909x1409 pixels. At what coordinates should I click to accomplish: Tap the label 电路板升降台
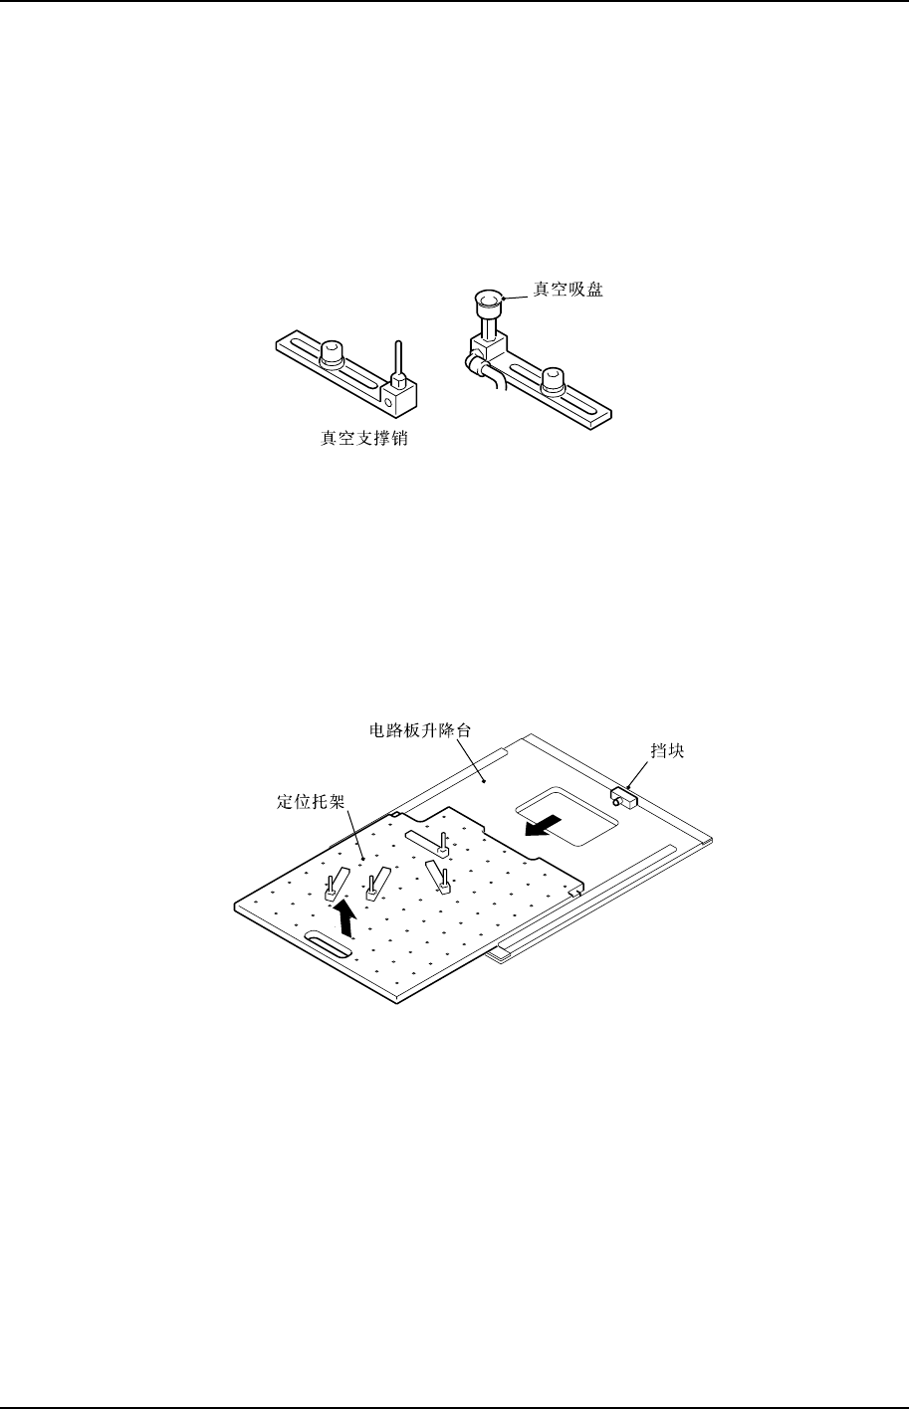[413, 728]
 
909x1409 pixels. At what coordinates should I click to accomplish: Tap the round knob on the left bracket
[331, 352]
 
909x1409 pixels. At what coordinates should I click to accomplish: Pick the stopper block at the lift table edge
[624, 795]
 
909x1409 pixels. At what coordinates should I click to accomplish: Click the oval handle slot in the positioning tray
[328, 946]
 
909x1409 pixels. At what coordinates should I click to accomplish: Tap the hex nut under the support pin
[397, 380]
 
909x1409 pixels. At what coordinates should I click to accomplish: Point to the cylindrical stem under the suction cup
[488, 324]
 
